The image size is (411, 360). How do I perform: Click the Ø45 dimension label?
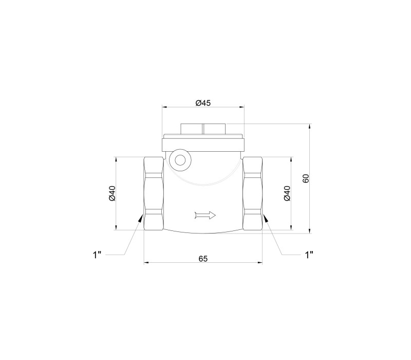[203, 103]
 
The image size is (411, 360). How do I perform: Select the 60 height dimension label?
[306, 178]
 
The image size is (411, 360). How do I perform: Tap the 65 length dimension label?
[203, 259]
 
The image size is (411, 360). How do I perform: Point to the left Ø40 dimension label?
[112, 193]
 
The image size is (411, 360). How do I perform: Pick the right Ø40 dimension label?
[287, 193]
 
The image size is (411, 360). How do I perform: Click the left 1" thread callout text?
[97, 255]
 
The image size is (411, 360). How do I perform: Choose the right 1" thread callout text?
[309, 255]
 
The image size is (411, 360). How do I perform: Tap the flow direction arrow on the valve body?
[205, 215]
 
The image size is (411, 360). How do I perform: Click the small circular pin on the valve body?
[180, 160]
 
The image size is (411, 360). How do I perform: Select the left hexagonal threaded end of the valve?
[154, 194]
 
